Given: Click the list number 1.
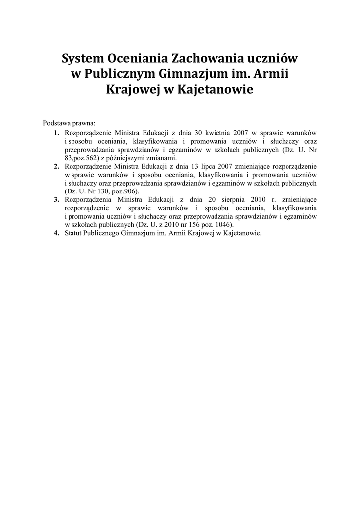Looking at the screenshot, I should (x=56, y=133).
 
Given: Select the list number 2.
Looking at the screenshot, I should (x=56, y=166).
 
